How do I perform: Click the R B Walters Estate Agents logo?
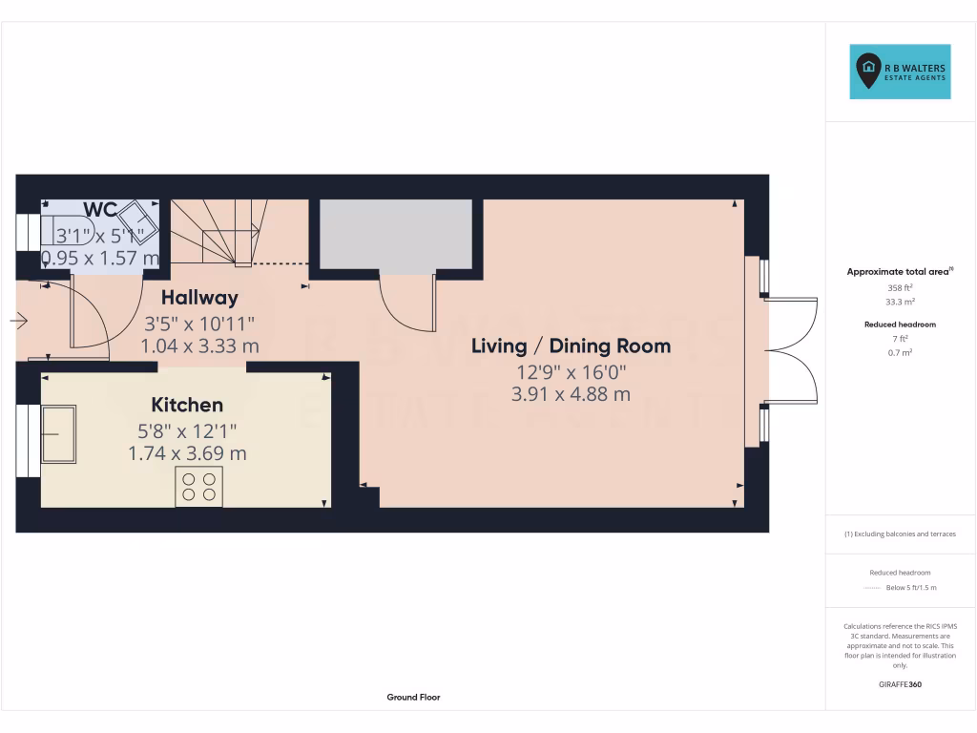901,72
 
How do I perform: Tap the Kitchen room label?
187,406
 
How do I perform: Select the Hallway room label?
199,297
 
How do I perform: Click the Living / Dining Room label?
571,346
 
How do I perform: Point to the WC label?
100,210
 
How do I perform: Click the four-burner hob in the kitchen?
198,486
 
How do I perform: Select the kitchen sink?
58,434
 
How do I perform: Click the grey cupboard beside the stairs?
396,235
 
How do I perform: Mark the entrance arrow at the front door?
19,321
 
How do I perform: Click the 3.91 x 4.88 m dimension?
571,393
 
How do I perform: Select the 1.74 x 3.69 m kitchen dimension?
187,453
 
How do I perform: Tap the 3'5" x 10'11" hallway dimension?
199,323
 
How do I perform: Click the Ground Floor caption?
413,698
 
